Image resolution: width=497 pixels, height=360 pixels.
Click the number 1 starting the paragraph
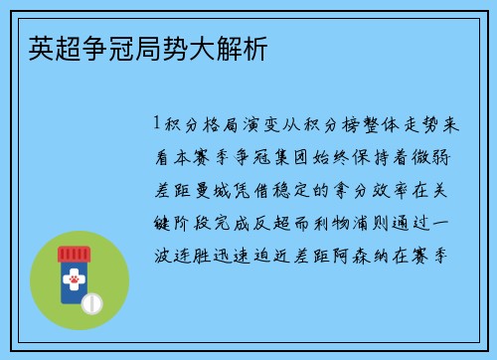[157, 125]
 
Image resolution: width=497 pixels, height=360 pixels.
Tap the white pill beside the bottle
[92, 299]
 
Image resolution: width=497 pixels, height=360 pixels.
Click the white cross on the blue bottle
[72, 273]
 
